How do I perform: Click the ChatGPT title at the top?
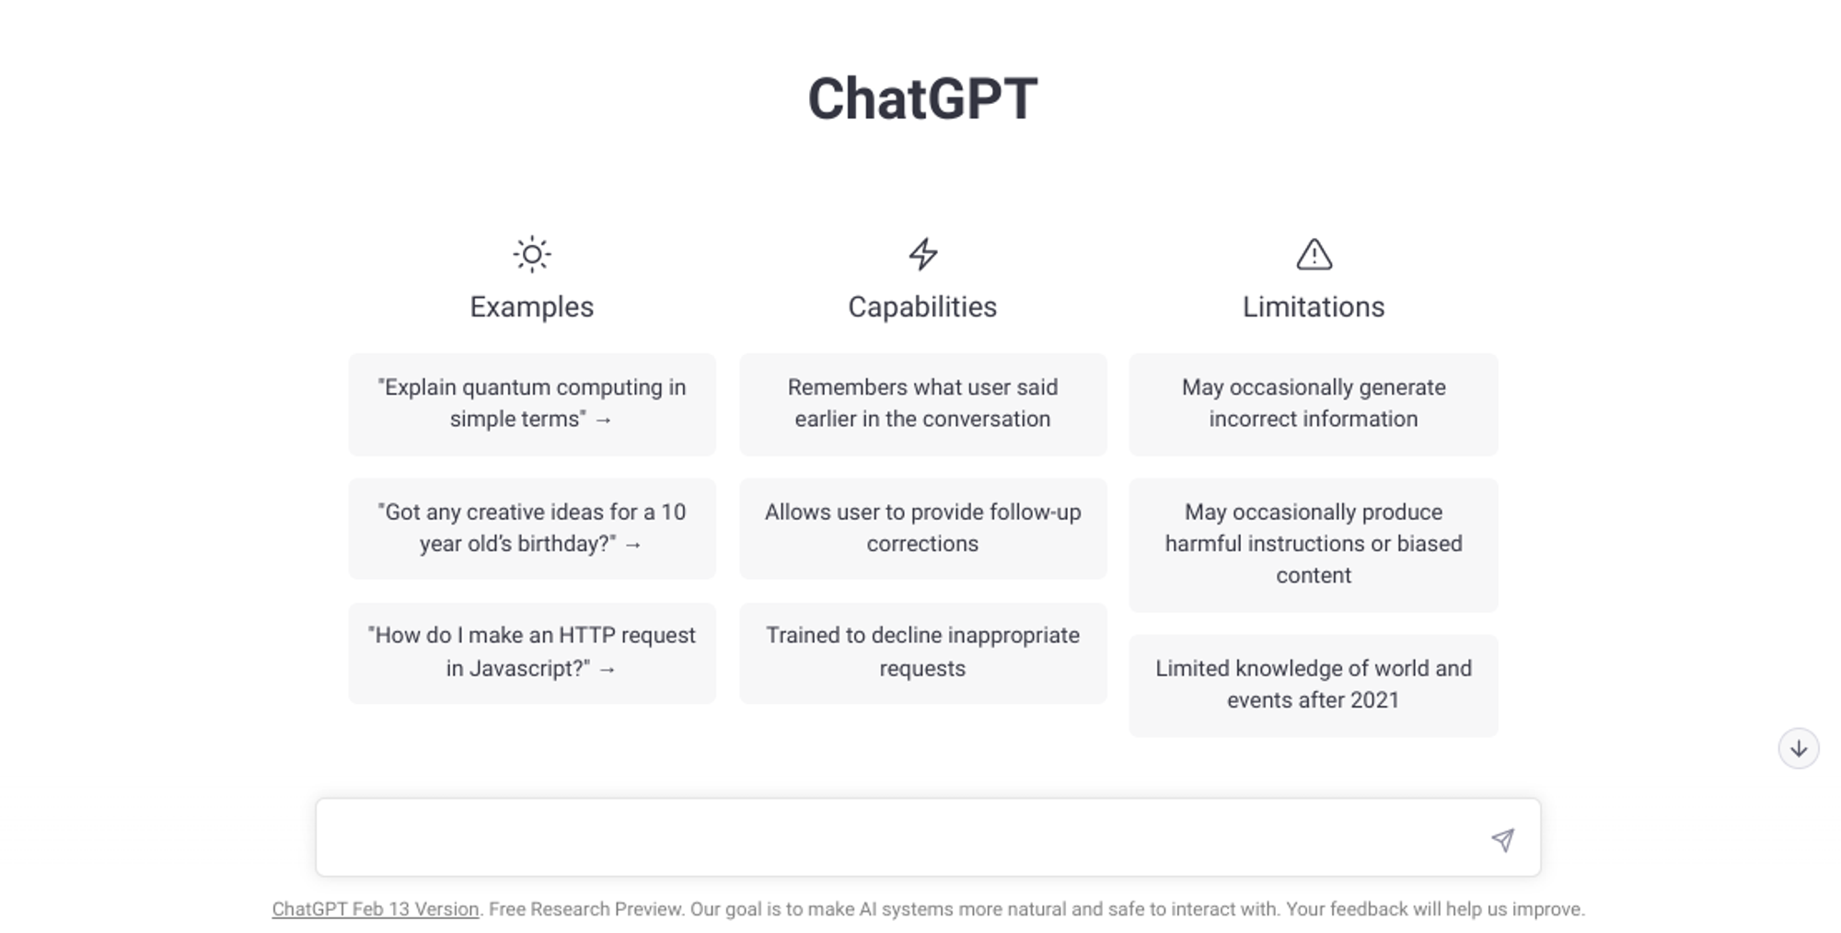pos(922,98)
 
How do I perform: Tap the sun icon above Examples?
pos(532,254)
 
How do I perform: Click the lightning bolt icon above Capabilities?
pos(922,254)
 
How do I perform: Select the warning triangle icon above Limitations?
pos(1314,254)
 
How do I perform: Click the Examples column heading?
pos(532,306)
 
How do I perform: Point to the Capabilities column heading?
pos(922,306)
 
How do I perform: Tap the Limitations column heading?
pos(1314,306)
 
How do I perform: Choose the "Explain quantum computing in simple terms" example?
pos(532,404)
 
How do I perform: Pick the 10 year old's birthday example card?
pos(532,528)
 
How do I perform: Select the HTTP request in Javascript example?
pos(532,652)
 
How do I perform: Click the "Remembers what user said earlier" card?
pos(922,404)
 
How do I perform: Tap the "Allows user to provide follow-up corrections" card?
pos(922,528)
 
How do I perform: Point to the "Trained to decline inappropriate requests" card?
pos(922,652)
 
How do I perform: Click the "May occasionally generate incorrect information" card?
pos(1314,404)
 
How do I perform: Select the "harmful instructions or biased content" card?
pos(1314,544)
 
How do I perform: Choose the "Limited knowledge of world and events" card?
pos(1314,685)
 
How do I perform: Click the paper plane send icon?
pos(1502,839)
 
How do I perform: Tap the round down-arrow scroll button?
pos(1798,748)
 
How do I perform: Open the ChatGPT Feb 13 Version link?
pos(376,909)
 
